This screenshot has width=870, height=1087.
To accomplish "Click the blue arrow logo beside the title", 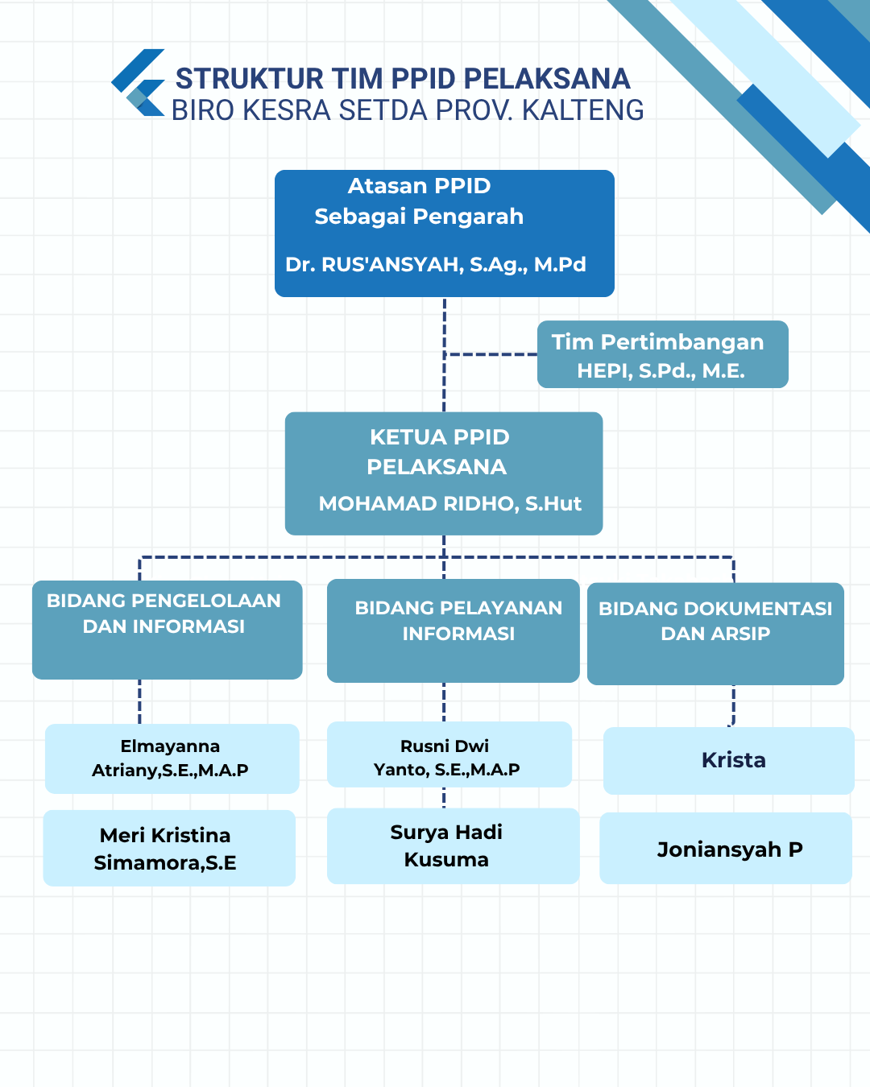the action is [x=138, y=82].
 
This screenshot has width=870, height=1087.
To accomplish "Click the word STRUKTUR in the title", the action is [x=249, y=79].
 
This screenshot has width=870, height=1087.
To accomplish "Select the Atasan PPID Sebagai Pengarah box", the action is [x=445, y=234].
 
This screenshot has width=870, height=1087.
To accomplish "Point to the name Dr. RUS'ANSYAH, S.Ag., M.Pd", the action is [x=436, y=265].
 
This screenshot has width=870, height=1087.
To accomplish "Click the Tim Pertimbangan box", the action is [x=663, y=354].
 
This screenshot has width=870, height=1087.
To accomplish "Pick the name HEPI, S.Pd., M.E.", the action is [x=661, y=370].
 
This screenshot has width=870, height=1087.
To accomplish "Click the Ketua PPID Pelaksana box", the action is [x=444, y=473].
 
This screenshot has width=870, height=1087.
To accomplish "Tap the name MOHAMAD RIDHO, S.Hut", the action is [x=450, y=503].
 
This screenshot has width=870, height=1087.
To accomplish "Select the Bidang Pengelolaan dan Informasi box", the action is [x=168, y=630].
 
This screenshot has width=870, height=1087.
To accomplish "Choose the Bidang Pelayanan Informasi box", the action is [x=454, y=631].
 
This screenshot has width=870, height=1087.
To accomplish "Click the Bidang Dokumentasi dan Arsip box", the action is [x=716, y=634].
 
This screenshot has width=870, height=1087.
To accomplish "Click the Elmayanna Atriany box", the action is [x=172, y=758].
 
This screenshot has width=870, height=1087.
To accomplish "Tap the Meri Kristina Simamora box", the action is [x=169, y=848].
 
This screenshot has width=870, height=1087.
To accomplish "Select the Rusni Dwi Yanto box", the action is [x=449, y=754].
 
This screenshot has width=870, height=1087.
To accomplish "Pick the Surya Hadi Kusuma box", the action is [x=454, y=846].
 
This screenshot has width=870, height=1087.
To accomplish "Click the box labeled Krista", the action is [x=729, y=761].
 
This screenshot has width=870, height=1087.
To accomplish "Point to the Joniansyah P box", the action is [x=726, y=848].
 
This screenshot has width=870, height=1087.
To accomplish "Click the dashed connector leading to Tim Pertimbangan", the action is [x=491, y=354].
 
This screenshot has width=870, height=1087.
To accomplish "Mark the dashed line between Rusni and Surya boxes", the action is [x=444, y=798].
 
